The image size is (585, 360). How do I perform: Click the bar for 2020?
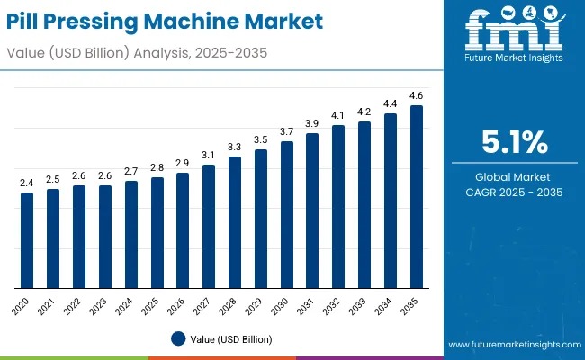[x=27, y=240]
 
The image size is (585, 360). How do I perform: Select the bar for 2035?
[x=417, y=197]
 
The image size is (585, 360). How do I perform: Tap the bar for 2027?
[x=209, y=227]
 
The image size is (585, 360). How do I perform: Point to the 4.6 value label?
[x=417, y=95]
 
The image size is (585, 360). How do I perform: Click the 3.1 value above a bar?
[x=209, y=155]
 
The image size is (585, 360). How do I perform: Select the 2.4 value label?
[x=27, y=183]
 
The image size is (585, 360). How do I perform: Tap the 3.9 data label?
[x=312, y=123]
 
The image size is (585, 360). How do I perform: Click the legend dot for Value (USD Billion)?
[x=178, y=339]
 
